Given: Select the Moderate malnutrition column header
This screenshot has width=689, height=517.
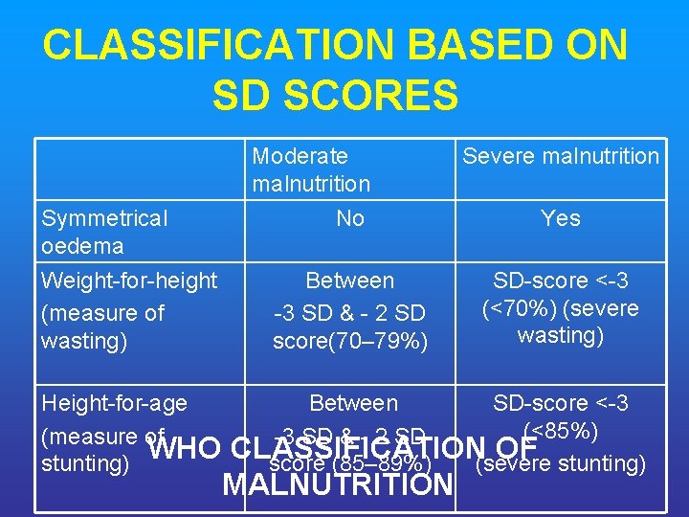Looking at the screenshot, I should coord(311,169).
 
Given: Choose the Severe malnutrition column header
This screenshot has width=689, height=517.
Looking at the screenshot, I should coord(561,156).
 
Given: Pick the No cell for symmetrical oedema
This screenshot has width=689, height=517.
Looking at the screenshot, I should coord(350,218).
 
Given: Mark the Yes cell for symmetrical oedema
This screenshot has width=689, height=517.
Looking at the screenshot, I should coord(560,218).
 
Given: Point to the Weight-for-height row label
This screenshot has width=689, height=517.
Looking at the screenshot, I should coord(129,281).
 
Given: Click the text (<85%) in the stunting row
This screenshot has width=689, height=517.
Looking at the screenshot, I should coord(560,432).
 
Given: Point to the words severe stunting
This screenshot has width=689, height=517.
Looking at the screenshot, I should coord(560,464).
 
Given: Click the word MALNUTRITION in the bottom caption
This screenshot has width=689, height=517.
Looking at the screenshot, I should coord(337,484).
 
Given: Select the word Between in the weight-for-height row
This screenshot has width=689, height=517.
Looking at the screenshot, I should coord(350,281).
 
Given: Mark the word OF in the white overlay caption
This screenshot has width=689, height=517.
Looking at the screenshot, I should coord(518,447).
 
